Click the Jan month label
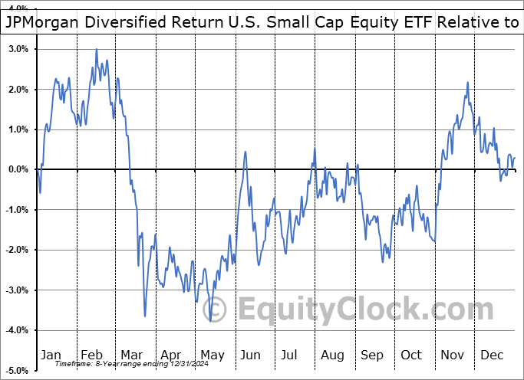pyautogui.click(x=51, y=355)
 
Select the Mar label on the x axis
pyautogui.click(x=131, y=355)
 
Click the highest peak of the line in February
pyautogui.click(x=97, y=49)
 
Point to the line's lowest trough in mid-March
pyautogui.click(x=145, y=316)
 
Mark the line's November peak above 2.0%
pyautogui.click(x=467, y=83)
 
